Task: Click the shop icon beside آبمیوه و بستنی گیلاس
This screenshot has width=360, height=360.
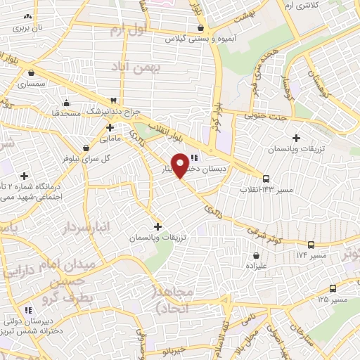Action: tap(202, 27)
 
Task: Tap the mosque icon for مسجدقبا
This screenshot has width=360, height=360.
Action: tap(65, 102)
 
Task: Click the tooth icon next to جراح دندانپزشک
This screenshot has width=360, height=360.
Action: tap(114, 101)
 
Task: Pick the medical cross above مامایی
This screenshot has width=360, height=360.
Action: tap(110, 127)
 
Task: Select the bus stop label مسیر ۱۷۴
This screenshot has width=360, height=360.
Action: tap(311, 255)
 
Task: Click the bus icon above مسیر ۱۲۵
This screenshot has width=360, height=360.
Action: tap(332, 288)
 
